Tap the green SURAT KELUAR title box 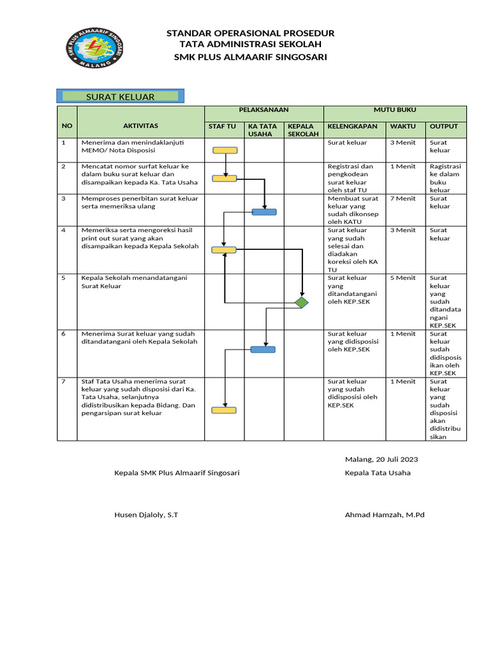coord(121,97)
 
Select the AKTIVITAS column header coord(140,126)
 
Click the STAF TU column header coord(222,126)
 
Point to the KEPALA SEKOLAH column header coord(303,130)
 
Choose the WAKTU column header coord(403,126)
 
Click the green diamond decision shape coord(301,302)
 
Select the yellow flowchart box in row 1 coord(225,150)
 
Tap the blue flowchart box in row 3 coord(264,212)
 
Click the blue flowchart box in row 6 coord(263,349)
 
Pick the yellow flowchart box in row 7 coord(224,410)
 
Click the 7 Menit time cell coord(403,198)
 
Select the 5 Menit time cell coord(403,278)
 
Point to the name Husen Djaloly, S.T coord(146,515)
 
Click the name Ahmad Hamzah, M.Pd coord(384,515)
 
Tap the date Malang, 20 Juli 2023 coord(382,459)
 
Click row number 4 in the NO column coord(64,230)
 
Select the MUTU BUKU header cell coord(395,110)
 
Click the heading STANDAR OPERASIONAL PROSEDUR coord(250,33)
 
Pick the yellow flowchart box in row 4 coord(224,250)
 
